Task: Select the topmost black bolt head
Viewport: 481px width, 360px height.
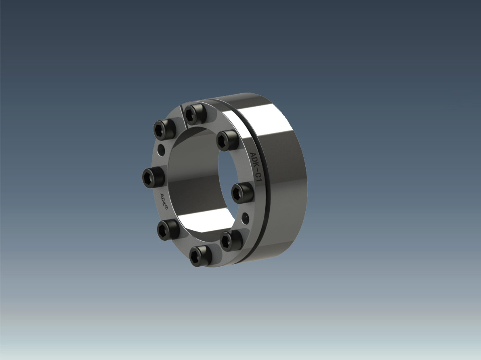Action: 195,114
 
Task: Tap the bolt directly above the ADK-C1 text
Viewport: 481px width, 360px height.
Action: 227,140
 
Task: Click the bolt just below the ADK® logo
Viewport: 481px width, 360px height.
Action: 168,229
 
